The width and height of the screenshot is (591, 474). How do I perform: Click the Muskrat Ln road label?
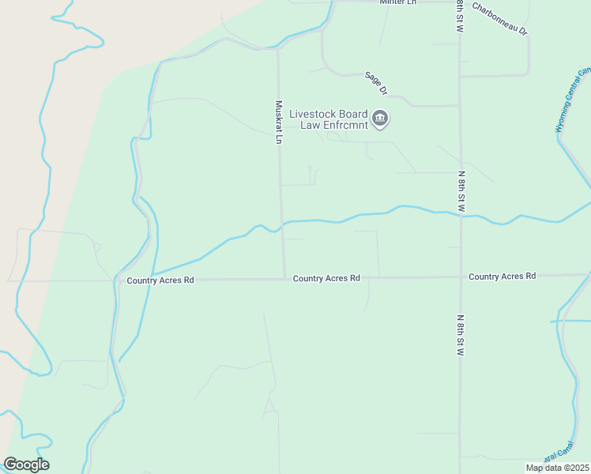click(x=278, y=121)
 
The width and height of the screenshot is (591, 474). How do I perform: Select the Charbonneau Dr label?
click(x=499, y=18)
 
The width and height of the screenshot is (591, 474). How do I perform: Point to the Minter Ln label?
click(x=397, y=2)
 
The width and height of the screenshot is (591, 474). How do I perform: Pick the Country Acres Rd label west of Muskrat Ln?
click(x=160, y=280)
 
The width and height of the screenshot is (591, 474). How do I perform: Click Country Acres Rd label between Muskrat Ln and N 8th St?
click(x=326, y=278)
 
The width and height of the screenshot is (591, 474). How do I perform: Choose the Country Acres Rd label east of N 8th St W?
click(x=502, y=276)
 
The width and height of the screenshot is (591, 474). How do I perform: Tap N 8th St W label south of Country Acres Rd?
click(x=460, y=336)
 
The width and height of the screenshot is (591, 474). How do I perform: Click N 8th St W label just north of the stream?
click(x=460, y=190)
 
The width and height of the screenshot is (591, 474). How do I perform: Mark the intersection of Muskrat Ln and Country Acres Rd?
click(x=284, y=278)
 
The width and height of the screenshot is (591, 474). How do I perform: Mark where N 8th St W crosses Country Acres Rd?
click(x=460, y=277)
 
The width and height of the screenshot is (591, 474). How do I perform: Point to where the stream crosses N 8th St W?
click(x=460, y=215)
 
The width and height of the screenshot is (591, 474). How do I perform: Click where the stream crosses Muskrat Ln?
click(x=282, y=224)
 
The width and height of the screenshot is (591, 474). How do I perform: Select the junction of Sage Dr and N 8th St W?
click(x=460, y=105)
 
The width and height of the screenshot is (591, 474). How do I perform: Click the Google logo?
click(x=26, y=465)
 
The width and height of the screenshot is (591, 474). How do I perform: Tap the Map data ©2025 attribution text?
click(x=557, y=468)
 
